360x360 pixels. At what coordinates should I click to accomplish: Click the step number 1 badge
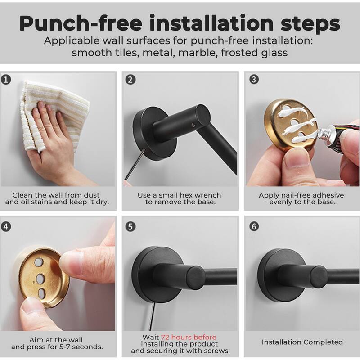[x=6, y=80]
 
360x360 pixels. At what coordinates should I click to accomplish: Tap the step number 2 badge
[x=130, y=80]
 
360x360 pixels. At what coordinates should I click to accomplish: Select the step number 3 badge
[x=254, y=80]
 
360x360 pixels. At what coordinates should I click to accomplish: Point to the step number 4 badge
[x=6, y=227]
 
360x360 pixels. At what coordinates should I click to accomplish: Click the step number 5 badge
[x=130, y=227]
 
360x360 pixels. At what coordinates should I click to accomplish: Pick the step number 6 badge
[x=254, y=226]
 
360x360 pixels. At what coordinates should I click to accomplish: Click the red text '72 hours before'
[x=189, y=337]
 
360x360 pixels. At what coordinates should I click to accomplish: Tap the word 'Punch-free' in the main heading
[x=81, y=23]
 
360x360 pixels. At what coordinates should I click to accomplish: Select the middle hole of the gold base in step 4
[x=40, y=278]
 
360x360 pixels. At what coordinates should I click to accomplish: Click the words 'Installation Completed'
[x=302, y=342]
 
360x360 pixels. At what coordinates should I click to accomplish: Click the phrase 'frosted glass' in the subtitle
[x=254, y=53]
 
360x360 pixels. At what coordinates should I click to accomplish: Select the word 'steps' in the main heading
[x=310, y=23]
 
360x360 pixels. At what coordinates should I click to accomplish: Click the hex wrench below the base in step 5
[x=152, y=316]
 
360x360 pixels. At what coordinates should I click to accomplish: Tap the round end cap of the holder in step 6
[x=319, y=277]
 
